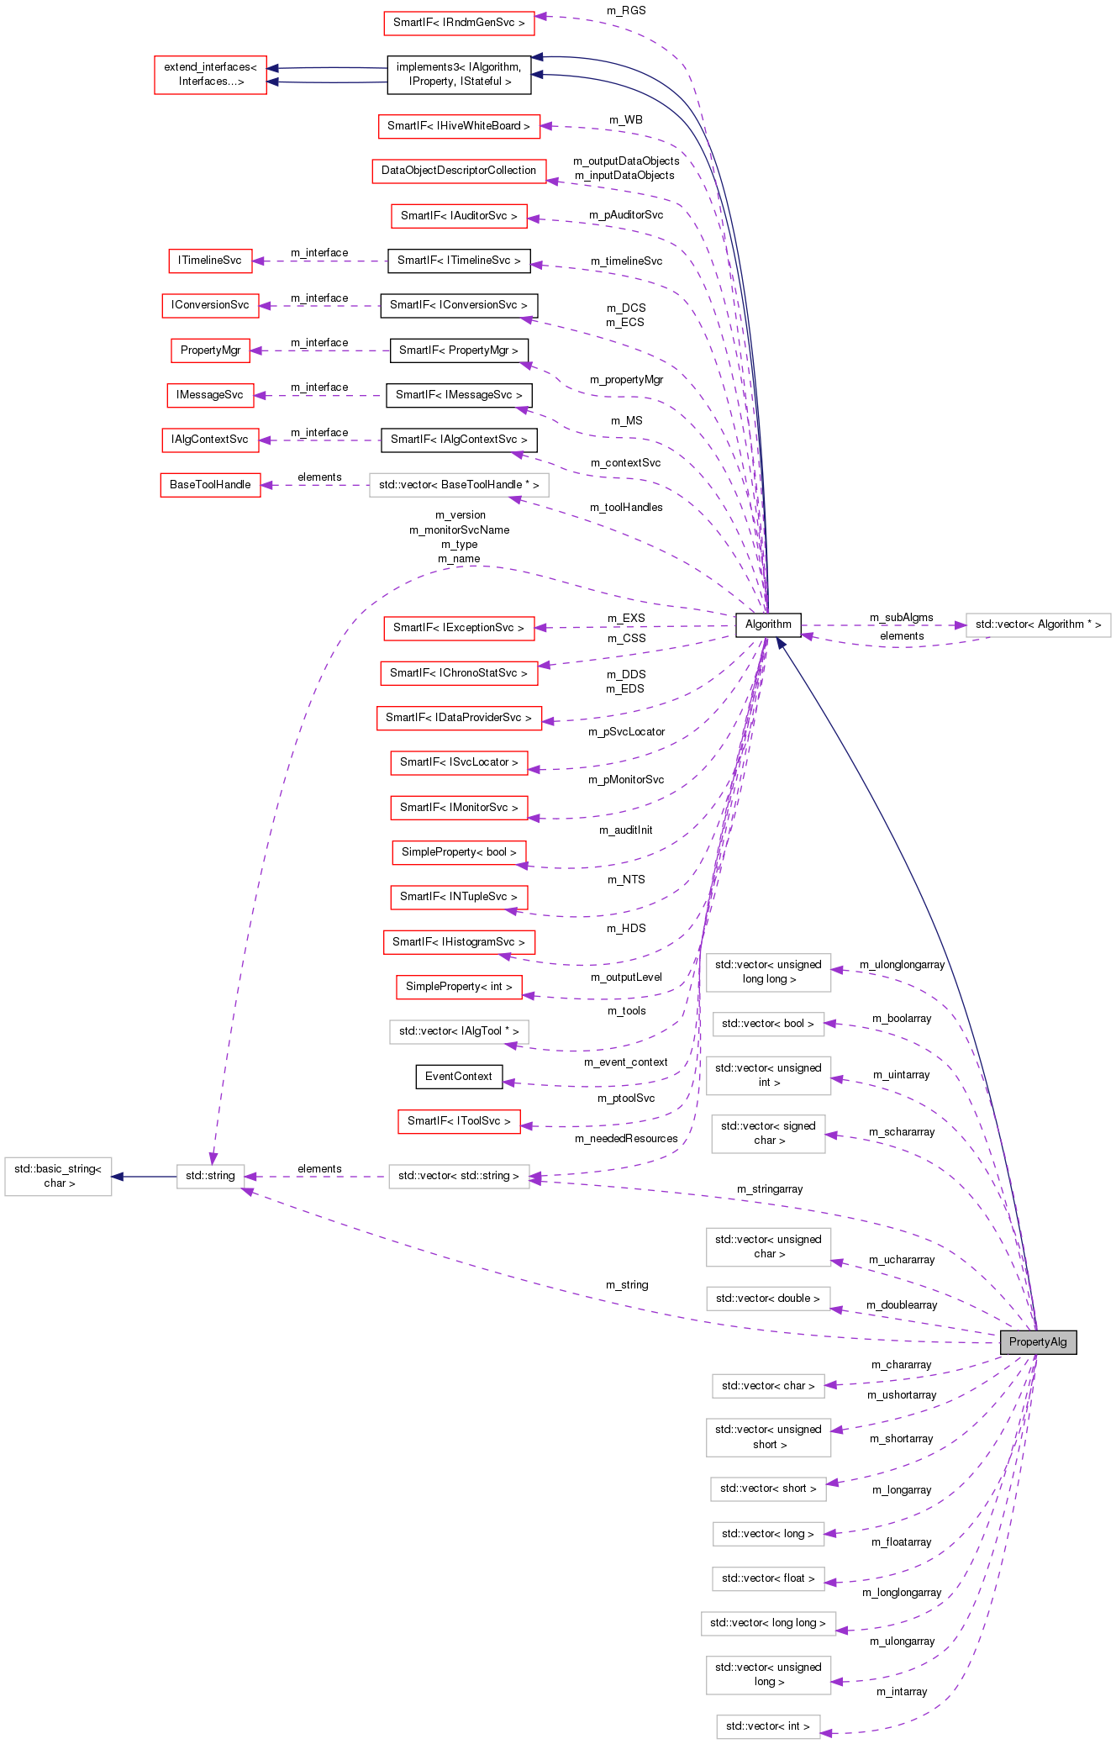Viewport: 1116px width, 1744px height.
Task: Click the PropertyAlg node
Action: click(1038, 1341)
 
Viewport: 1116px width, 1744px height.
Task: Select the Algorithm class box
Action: click(768, 624)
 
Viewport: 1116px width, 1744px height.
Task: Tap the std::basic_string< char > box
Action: click(58, 1176)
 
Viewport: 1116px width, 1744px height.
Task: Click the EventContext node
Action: click(459, 1076)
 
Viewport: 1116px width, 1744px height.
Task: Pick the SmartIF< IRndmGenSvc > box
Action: click(459, 23)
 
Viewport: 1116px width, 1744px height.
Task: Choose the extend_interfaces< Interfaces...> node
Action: click(210, 74)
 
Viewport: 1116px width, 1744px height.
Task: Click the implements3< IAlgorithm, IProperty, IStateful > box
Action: click(459, 74)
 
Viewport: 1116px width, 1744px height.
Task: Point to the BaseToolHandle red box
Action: click(210, 485)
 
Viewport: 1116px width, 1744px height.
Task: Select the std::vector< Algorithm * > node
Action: click(1038, 624)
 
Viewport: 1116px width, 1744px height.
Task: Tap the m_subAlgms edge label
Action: click(901, 617)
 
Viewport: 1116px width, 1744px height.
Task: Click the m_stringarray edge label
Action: click(770, 1188)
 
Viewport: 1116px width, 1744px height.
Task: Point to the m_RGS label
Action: click(626, 10)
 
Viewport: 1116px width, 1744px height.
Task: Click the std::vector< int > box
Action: click(768, 1726)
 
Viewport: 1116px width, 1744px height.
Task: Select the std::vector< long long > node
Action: click(768, 1623)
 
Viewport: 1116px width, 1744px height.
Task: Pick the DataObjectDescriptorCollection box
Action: click(459, 171)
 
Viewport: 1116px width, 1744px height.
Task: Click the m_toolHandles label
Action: click(626, 507)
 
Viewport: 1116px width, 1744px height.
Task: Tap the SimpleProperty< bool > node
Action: click(459, 852)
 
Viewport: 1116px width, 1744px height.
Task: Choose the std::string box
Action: click(210, 1176)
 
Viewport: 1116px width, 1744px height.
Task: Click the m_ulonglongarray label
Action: click(902, 964)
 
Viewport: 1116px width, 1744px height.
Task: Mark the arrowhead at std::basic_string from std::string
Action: click(118, 1176)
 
